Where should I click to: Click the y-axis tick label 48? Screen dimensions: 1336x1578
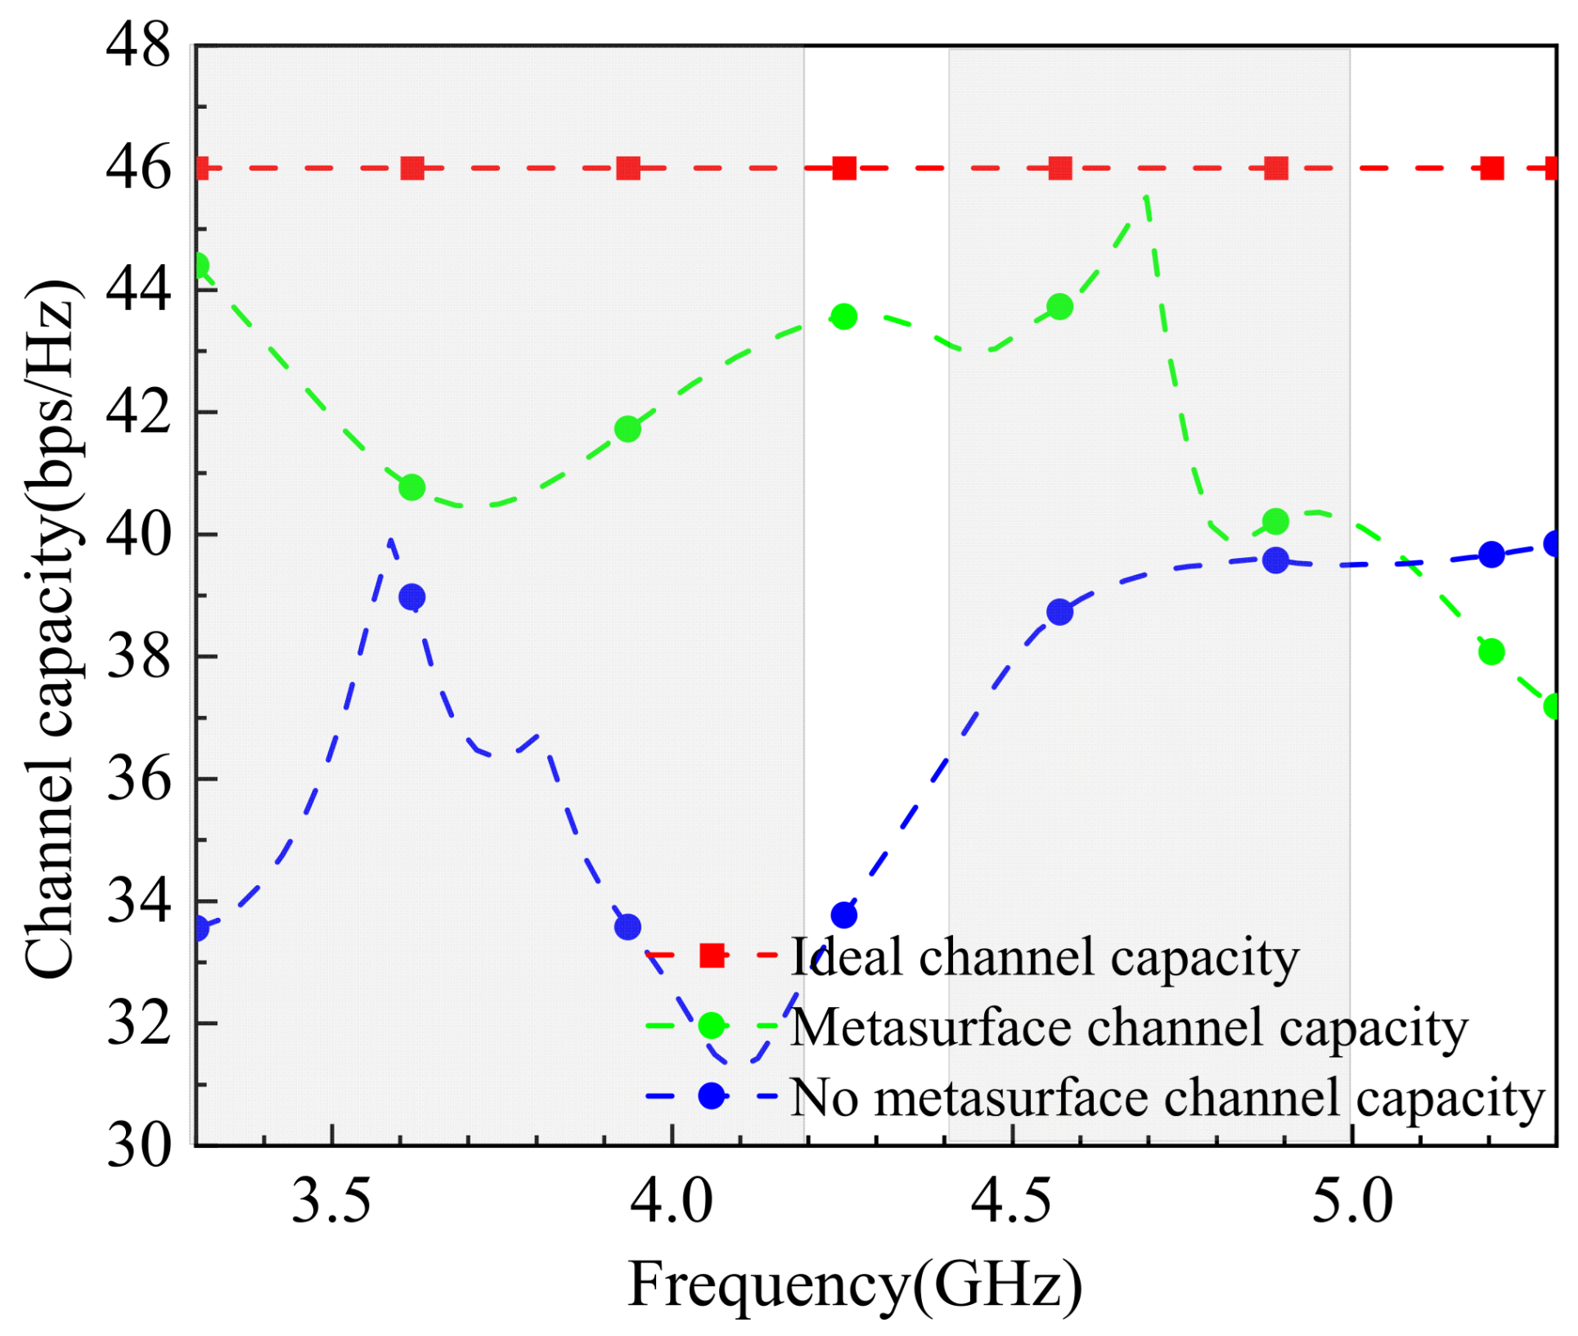coord(138,46)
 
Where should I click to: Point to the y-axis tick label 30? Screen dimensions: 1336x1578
coord(138,1145)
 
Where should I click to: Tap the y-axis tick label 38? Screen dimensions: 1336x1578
coord(138,657)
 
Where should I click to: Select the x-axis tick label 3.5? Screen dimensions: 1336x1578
coord(331,1202)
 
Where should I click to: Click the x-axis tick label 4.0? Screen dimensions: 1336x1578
coord(672,1202)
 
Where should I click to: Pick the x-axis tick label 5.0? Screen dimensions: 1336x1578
coord(1351,1202)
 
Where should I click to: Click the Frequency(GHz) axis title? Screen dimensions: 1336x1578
coord(855,1284)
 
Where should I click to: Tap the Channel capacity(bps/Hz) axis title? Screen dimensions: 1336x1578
coord(51,630)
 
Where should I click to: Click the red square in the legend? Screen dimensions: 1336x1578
coord(712,956)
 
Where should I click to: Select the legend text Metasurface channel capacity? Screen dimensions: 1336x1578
coord(1129,1028)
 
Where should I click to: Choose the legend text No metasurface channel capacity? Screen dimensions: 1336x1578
coord(1167,1099)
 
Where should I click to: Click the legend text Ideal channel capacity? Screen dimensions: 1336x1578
coord(1045,957)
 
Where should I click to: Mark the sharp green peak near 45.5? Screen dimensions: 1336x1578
coord(1146,196)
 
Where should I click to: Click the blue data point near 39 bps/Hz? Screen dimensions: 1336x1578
coord(412,597)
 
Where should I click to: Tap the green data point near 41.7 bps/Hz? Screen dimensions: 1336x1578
coord(627,429)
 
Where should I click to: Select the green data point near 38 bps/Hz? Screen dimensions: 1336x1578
coord(1491,652)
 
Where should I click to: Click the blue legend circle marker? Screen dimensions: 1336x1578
coord(712,1096)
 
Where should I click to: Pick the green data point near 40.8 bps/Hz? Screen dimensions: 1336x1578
coord(412,488)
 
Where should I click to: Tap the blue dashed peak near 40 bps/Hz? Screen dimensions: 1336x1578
coord(391,539)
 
